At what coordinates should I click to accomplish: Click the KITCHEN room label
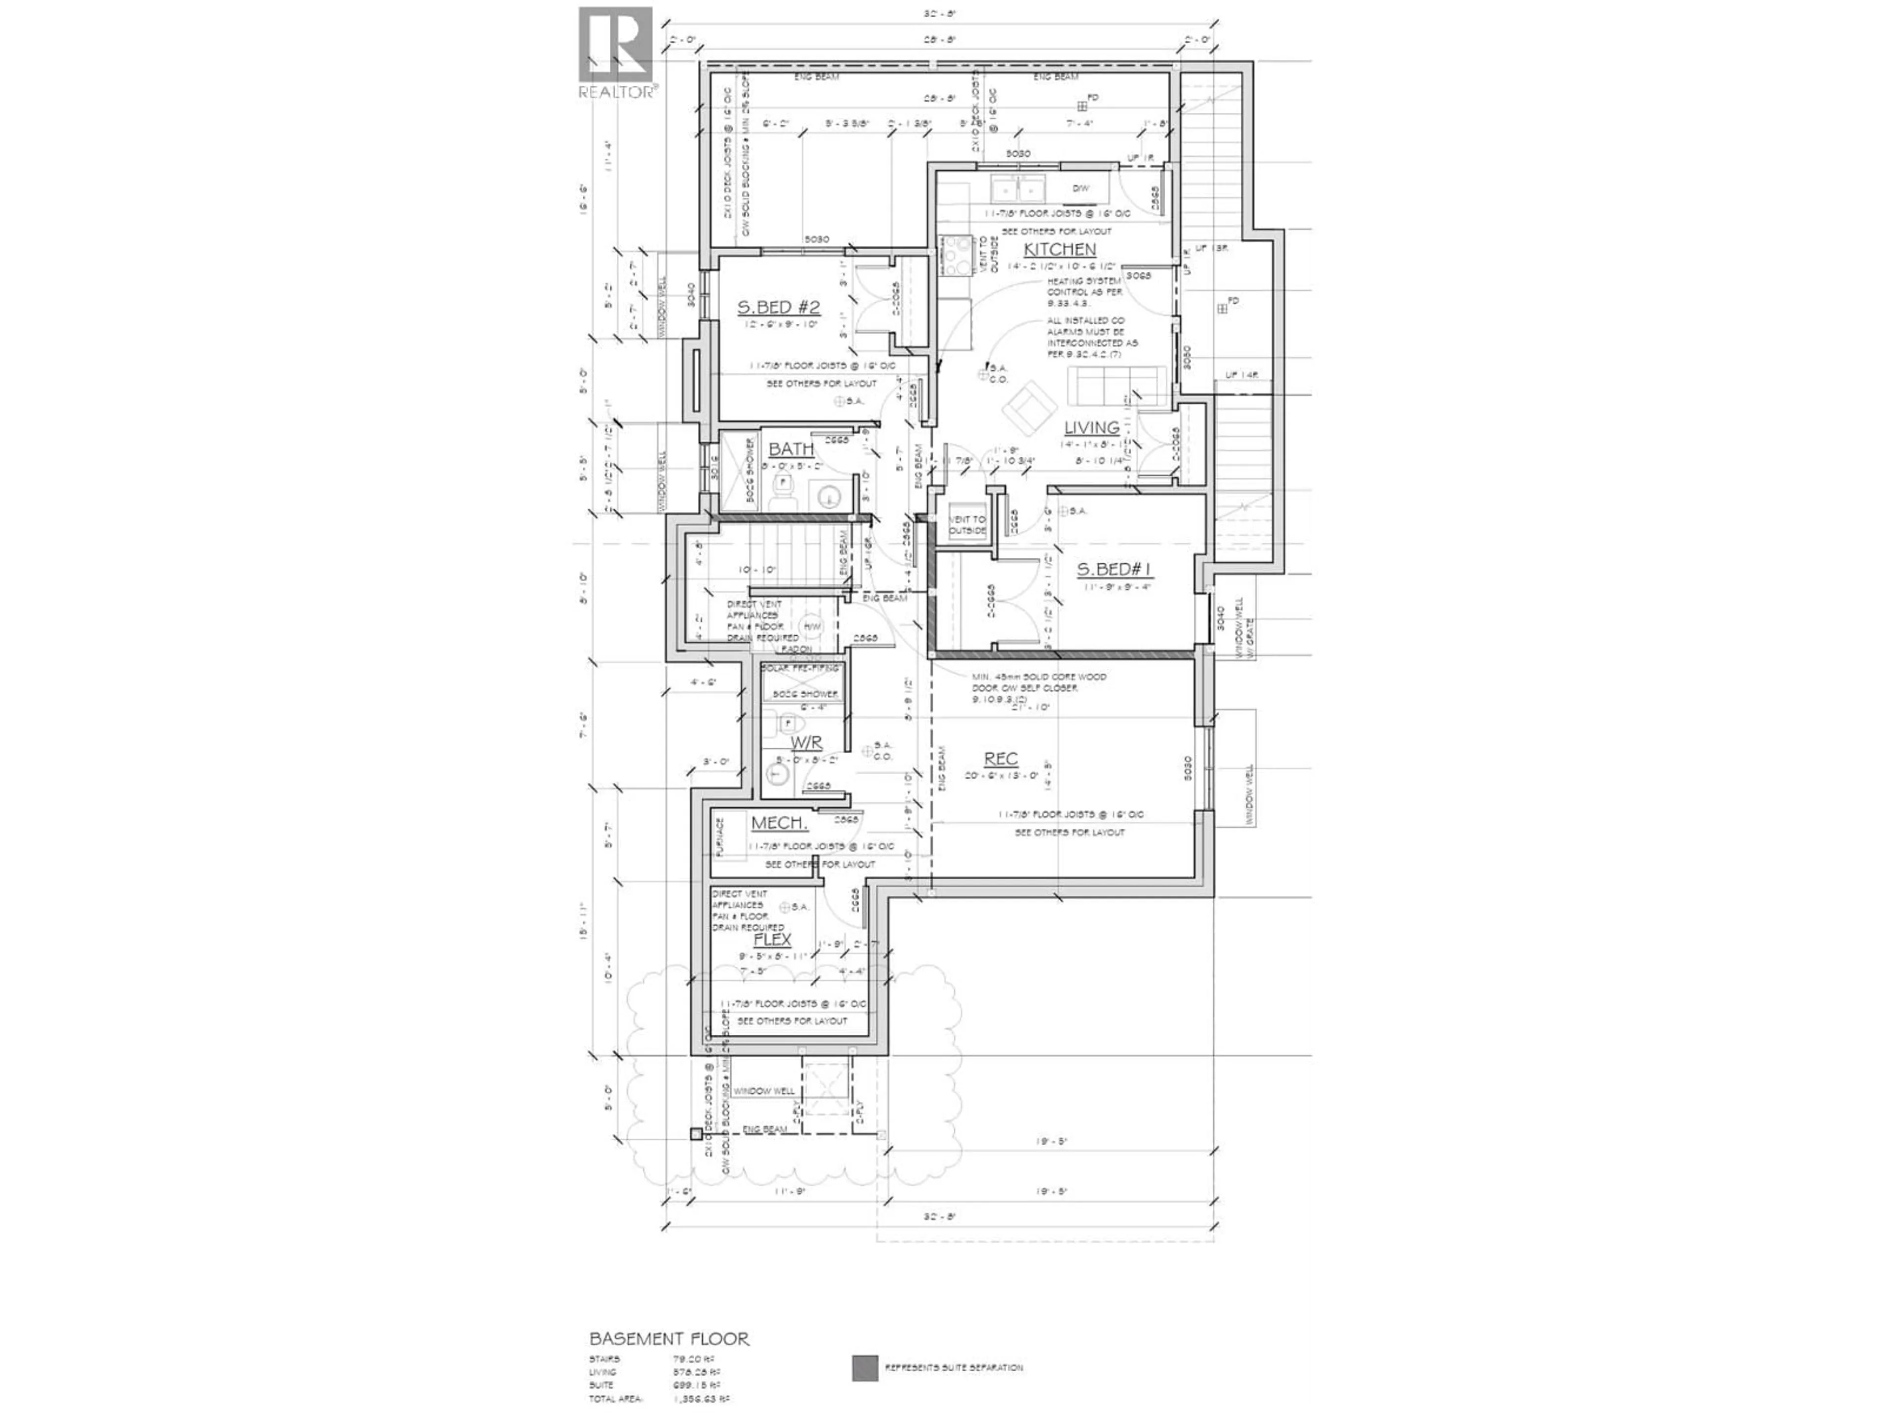(x=1059, y=250)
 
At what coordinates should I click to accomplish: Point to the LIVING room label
(x=1091, y=427)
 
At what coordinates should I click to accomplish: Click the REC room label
(x=1001, y=759)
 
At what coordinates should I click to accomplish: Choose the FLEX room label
(x=773, y=940)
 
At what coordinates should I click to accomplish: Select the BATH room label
(x=790, y=449)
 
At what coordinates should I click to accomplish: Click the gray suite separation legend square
(x=864, y=1368)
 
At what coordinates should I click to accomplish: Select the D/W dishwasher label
(x=1080, y=188)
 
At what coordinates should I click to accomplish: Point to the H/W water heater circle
(x=812, y=627)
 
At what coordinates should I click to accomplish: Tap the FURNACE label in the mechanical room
(x=720, y=837)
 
